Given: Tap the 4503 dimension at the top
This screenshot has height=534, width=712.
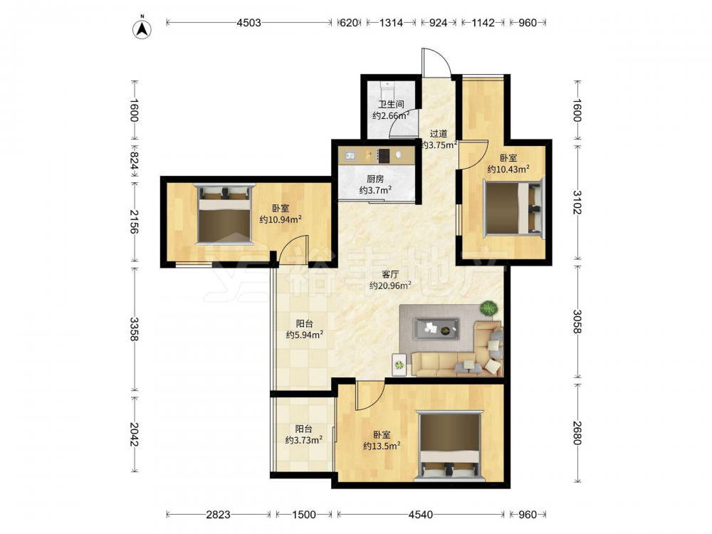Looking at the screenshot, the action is point(248,22).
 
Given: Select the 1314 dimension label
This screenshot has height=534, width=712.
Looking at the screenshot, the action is point(391,22).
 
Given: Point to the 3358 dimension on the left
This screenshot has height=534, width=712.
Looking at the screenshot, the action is point(134,329).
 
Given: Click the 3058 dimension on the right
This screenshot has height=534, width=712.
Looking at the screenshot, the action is point(577,322).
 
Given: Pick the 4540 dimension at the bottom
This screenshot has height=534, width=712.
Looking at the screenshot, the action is point(421,515).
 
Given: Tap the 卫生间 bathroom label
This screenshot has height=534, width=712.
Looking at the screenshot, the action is point(392,104).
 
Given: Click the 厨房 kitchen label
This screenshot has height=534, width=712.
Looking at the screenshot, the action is point(375,179).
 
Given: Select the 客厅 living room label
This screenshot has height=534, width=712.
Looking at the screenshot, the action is point(390,274).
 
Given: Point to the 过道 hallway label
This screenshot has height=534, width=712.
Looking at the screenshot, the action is point(439,134).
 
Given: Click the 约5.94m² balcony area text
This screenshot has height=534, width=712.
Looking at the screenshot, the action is point(305,335).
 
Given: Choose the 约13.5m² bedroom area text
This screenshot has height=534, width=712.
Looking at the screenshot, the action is point(382,446).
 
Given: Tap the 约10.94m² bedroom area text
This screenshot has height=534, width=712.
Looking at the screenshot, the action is point(281,220).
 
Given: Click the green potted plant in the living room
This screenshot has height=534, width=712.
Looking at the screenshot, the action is point(488,308).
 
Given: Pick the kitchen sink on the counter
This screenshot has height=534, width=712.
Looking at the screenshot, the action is point(350,156).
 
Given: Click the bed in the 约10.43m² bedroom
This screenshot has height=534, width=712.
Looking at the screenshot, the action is point(513,207).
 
